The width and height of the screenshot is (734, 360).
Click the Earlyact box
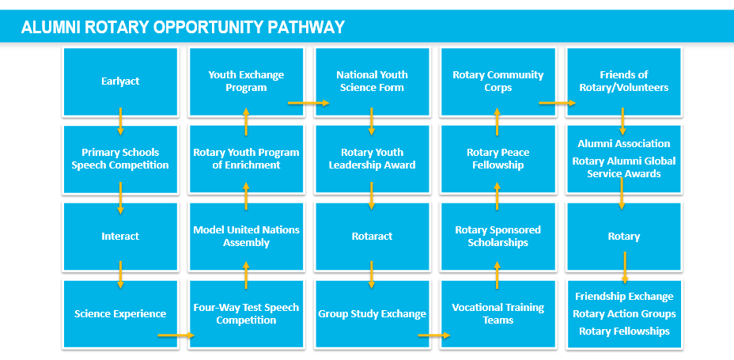click(x=120, y=81)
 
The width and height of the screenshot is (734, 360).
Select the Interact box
click(x=120, y=237)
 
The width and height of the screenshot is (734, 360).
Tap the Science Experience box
click(x=120, y=313)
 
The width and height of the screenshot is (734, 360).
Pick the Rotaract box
click(x=373, y=237)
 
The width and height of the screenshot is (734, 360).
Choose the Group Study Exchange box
click(x=373, y=313)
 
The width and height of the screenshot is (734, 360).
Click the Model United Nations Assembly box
click(x=246, y=237)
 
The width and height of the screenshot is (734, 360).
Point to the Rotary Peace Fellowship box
click(x=498, y=159)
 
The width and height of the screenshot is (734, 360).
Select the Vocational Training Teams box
click(x=498, y=313)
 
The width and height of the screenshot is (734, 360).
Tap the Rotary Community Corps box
click(x=498, y=81)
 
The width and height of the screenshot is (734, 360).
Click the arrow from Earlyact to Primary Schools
click(x=120, y=122)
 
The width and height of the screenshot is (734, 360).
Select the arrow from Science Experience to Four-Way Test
click(x=176, y=335)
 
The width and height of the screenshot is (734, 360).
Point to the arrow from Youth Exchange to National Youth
click(x=309, y=103)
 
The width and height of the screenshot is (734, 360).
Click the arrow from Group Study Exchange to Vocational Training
click(x=434, y=335)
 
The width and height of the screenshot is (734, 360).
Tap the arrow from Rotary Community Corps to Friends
click(x=558, y=103)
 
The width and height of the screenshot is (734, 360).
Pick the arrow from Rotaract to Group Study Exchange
click(x=372, y=275)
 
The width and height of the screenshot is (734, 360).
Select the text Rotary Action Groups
click(x=624, y=313)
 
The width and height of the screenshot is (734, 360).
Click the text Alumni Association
click(x=623, y=144)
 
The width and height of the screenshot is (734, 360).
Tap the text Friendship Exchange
click(x=624, y=297)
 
